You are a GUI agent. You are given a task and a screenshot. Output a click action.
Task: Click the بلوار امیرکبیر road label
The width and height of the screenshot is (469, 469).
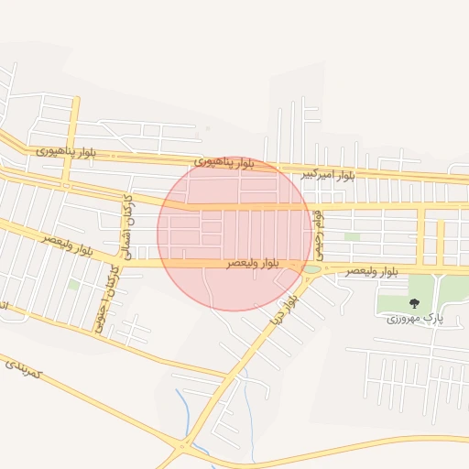(x=328, y=174)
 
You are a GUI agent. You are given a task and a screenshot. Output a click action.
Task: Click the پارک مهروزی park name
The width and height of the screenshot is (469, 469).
(x=413, y=318)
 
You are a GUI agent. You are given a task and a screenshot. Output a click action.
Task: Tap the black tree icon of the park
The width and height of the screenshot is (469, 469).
(x=413, y=303)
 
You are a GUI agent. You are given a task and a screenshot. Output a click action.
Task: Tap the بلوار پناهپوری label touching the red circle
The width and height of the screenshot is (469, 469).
(x=224, y=163)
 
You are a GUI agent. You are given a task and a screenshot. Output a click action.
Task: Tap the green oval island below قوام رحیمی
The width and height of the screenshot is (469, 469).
(x=312, y=269)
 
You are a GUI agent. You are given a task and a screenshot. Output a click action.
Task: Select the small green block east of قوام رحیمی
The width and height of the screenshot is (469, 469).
(x=352, y=236)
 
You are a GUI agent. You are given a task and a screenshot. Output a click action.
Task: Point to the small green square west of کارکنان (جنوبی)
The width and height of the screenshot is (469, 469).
(x=73, y=285)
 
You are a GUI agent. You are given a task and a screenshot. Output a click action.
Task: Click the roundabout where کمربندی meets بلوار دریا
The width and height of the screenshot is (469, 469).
(x=183, y=446)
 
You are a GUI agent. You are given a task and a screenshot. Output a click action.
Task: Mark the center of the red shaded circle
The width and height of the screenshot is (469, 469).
(x=234, y=234)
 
